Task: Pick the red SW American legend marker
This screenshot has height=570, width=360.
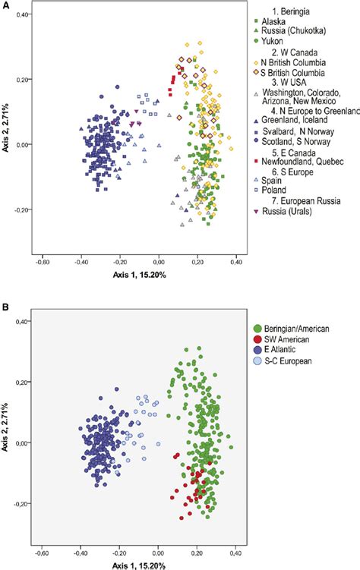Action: tap(257, 339)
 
